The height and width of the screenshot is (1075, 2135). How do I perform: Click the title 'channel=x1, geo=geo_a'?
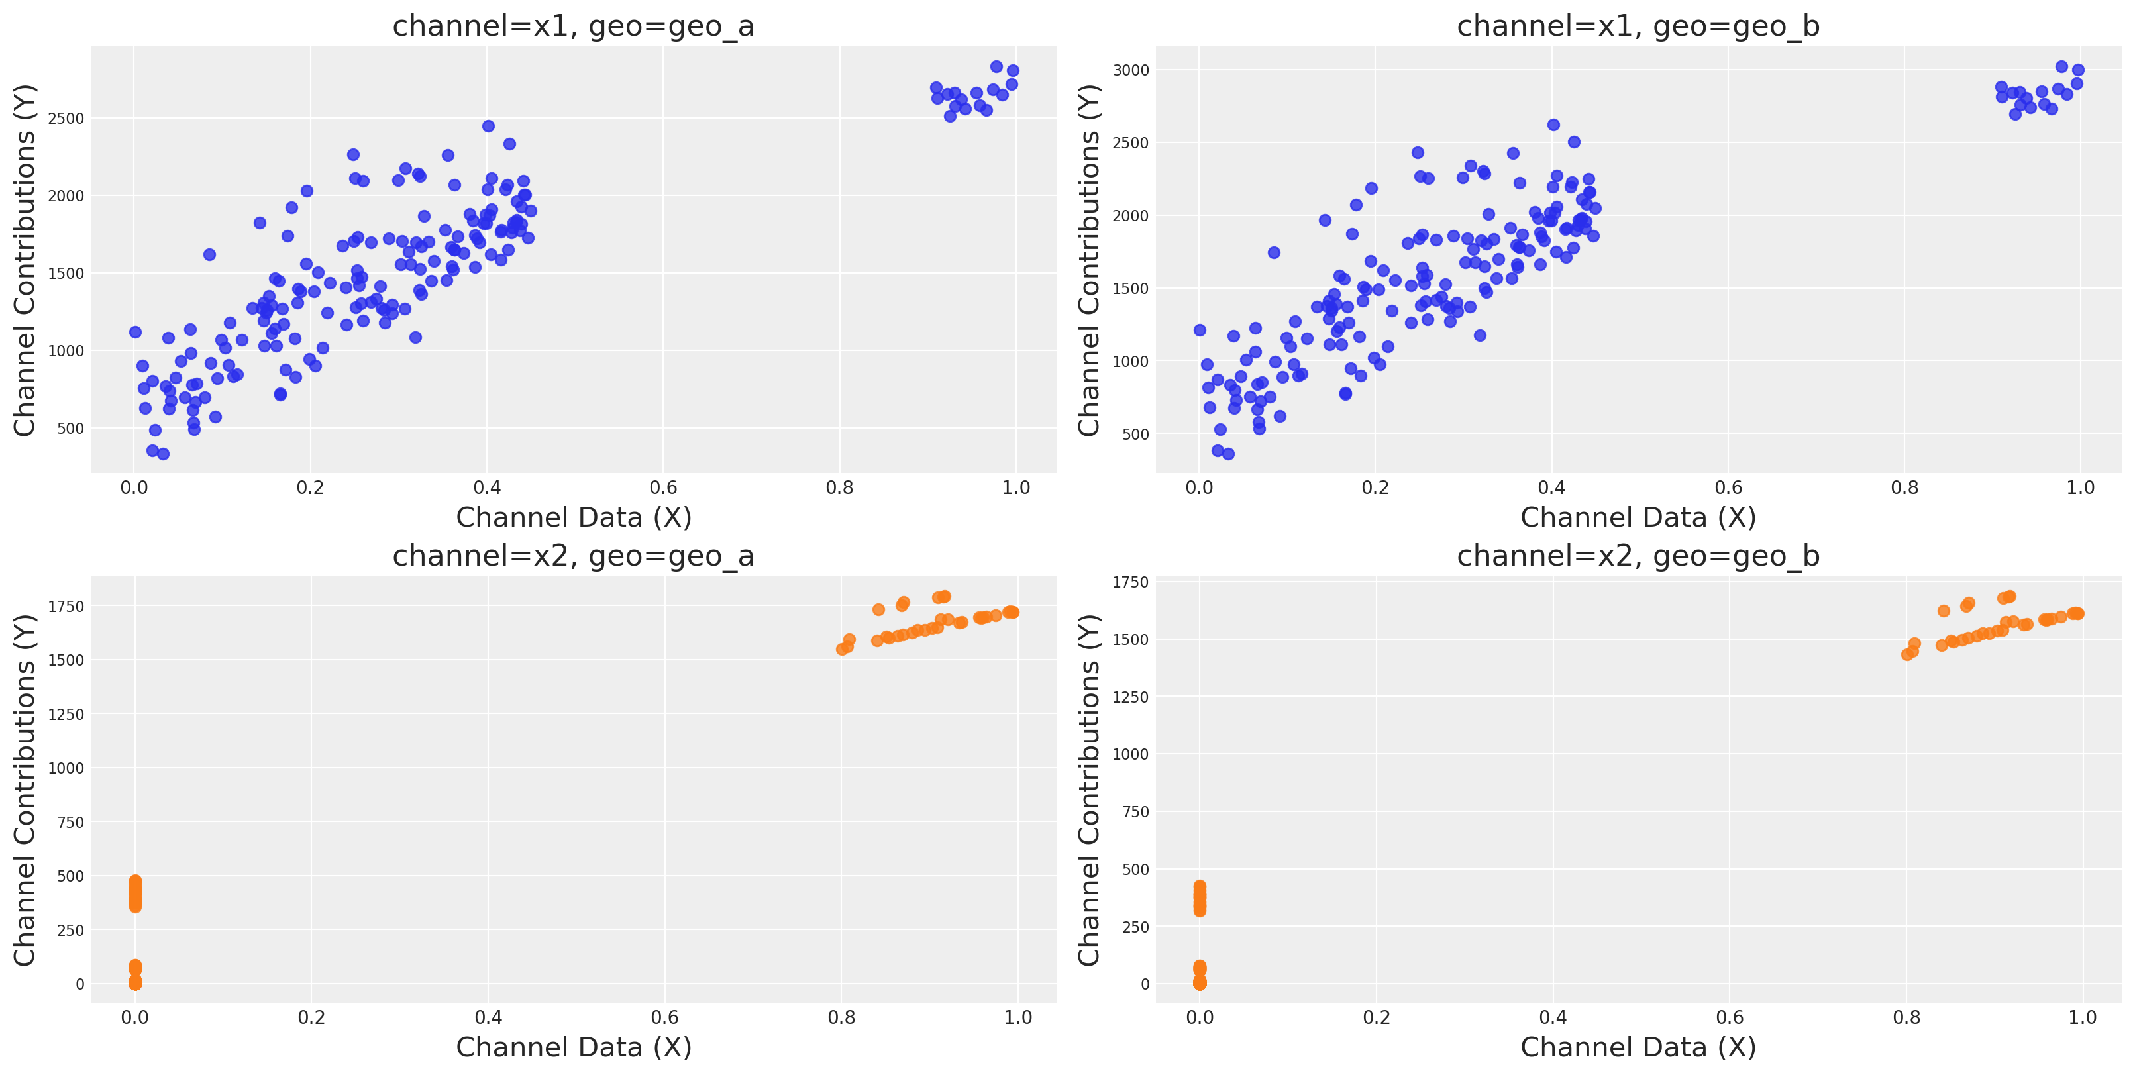pyautogui.click(x=573, y=26)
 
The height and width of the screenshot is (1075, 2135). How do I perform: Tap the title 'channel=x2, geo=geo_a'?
pyautogui.click(x=573, y=556)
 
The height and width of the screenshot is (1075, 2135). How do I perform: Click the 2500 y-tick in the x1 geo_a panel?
pyautogui.click(x=66, y=119)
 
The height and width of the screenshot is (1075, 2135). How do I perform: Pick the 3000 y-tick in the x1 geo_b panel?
pyautogui.click(x=1131, y=70)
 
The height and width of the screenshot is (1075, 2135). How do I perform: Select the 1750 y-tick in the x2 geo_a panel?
pyautogui.click(x=66, y=607)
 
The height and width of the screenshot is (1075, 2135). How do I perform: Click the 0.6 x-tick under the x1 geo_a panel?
pyautogui.click(x=663, y=488)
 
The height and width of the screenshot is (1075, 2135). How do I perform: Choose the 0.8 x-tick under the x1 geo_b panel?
pyautogui.click(x=1904, y=488)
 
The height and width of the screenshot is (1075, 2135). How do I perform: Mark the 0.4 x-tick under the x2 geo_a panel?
pyautogui.click(x=488, y=1018)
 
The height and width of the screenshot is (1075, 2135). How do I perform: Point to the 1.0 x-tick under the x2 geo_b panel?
pyautogui.click(x=2082, y=1018)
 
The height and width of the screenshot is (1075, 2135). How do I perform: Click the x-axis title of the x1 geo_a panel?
pyautogui.click(x=574, y=518)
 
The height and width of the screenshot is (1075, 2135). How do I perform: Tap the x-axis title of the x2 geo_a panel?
pyautogui.click(x=574, y=1048)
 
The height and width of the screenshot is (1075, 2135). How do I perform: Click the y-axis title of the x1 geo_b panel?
pyautogui.click(x=1088, y=260)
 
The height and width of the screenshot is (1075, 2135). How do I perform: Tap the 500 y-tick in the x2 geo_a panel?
pyautogui.click(x=70, y=876)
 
